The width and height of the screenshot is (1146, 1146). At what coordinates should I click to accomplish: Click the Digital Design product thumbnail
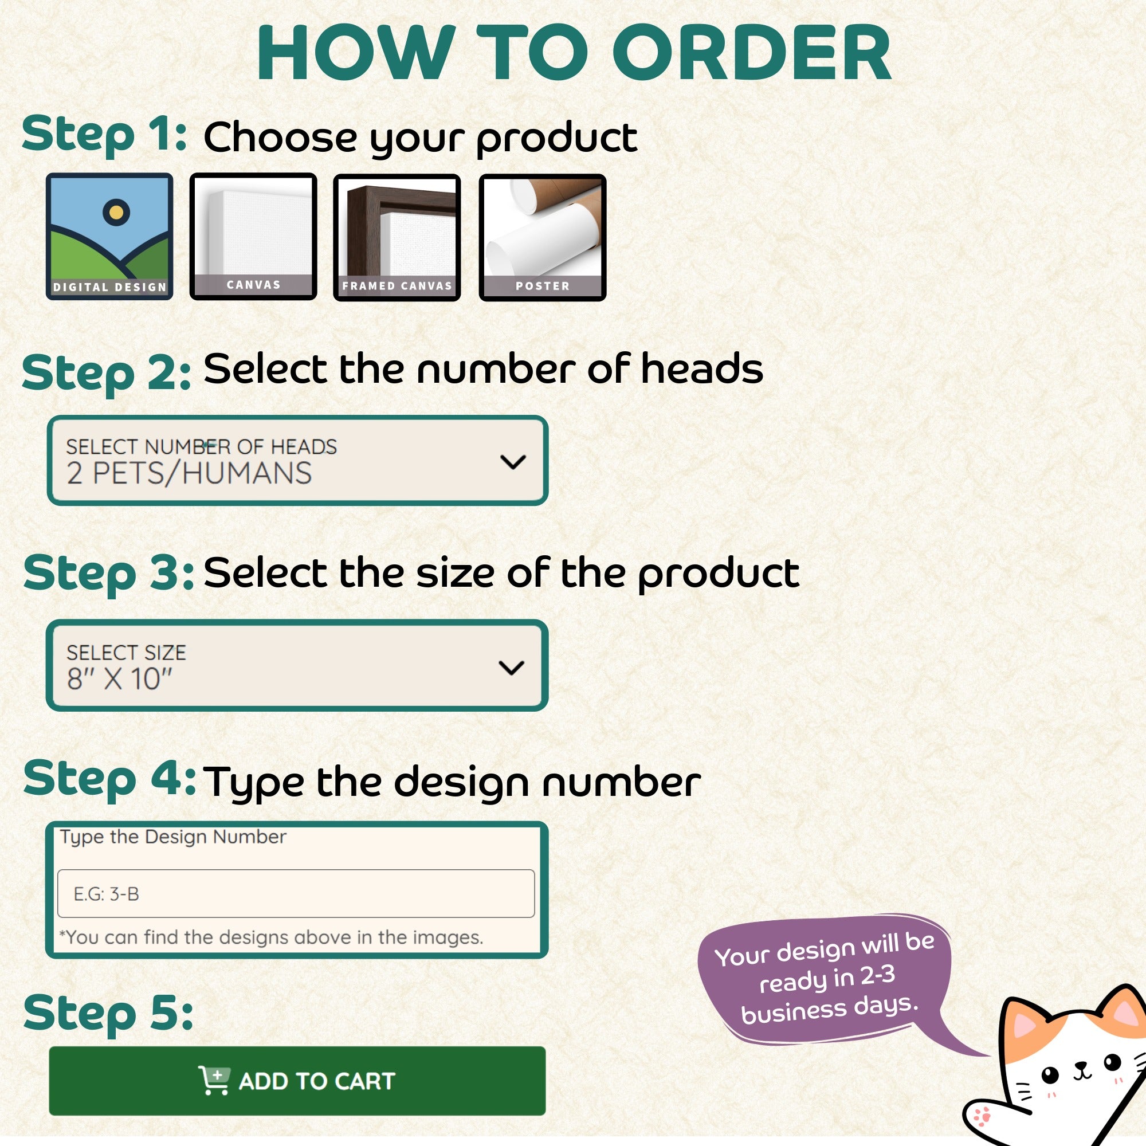pos(110,237)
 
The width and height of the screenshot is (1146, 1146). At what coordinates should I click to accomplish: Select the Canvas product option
pos(253,237)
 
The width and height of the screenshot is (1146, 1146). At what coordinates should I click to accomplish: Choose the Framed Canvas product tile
pos(397,237)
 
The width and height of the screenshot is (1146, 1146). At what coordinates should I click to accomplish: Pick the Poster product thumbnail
pos(542,237)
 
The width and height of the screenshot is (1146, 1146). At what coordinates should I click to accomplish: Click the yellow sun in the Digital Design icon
pos(116,212)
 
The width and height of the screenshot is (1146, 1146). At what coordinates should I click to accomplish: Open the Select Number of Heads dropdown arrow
pos(513,461)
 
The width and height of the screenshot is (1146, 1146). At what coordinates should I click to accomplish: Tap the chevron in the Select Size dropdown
pos(511,668)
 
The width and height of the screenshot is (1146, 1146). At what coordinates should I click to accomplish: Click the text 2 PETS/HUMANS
pos(189,473)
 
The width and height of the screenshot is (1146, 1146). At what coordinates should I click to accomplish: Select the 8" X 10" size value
pos(119,678)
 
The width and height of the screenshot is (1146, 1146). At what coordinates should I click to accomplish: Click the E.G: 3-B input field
pos(296,893)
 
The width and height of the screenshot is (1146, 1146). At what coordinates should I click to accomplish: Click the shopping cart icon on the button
pos(214,1080)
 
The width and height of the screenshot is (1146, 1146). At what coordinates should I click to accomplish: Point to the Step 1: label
pos(104,135)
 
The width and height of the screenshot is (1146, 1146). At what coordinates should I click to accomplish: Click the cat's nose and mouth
pos(1082,1069)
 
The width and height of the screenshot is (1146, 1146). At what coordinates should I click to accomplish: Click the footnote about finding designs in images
pos(271,937)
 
